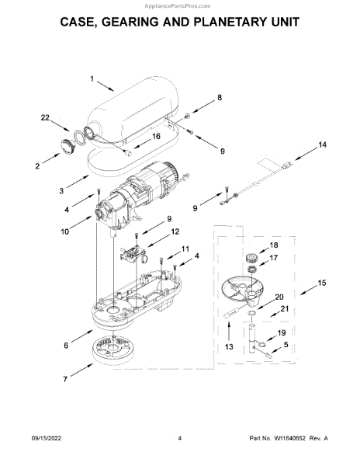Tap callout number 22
coord(45,118)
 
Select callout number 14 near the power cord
coord(322,144)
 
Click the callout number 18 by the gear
coord(274,245)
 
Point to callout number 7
coord(65,379)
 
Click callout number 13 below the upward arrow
coord(229,346)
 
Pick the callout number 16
coord(156,136)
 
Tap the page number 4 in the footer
coord(179,438)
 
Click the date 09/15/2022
coord(47,438)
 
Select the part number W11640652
coord(289,438)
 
